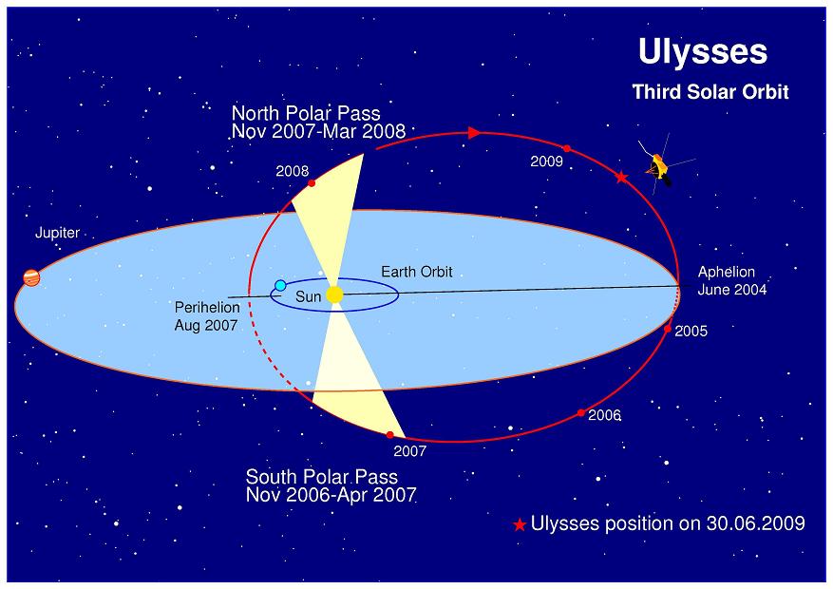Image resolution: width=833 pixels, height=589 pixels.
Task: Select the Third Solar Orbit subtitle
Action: pyautogui.click(x=710, y=92)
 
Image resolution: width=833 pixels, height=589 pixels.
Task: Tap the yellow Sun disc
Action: pyautogui.click(x=334, y=294)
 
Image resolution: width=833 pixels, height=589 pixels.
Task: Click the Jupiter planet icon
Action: pyautogui.click(x=32, y=277)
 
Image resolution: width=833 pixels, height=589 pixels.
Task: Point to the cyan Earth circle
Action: pyautogui.click(x=280, y=285)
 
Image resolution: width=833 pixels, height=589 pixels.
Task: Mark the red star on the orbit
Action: pyautogui.click(x=621, y=178)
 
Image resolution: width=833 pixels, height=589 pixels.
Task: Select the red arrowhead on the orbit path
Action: pyautogui.click(x=474, y=133)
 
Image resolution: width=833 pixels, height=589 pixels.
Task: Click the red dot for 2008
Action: pyautogui.click(x=312, y=183)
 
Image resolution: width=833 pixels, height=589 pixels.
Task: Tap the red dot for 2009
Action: pyautogui.click(x=567, y=148)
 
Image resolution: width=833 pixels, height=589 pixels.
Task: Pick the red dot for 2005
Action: pyautogui.click(x=668, y=329)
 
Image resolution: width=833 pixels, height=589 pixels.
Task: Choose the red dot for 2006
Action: pyautogui.click(x=580, y=412)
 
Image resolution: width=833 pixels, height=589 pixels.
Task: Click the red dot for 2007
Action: pyautogui.click(x=390, y=435)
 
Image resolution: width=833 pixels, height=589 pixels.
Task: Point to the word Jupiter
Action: pyautogui.click(x=57, y=233)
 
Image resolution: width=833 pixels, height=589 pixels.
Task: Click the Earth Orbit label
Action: pyautogui.click(x=416, y=272)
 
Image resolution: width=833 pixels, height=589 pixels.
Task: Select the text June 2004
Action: pyautogui.click(x=732, y=290)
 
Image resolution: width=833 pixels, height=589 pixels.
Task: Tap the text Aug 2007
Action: pyautogui.click(x=205, y=325)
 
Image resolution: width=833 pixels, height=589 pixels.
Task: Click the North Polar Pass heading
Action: pyautogui.click(x=306, y=113)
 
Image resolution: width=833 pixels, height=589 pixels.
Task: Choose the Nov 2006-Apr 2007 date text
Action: pyautogui.click(x=331, y=495)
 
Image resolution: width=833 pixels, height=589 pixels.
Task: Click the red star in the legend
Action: pyautogui.click(x=519, y=525)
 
